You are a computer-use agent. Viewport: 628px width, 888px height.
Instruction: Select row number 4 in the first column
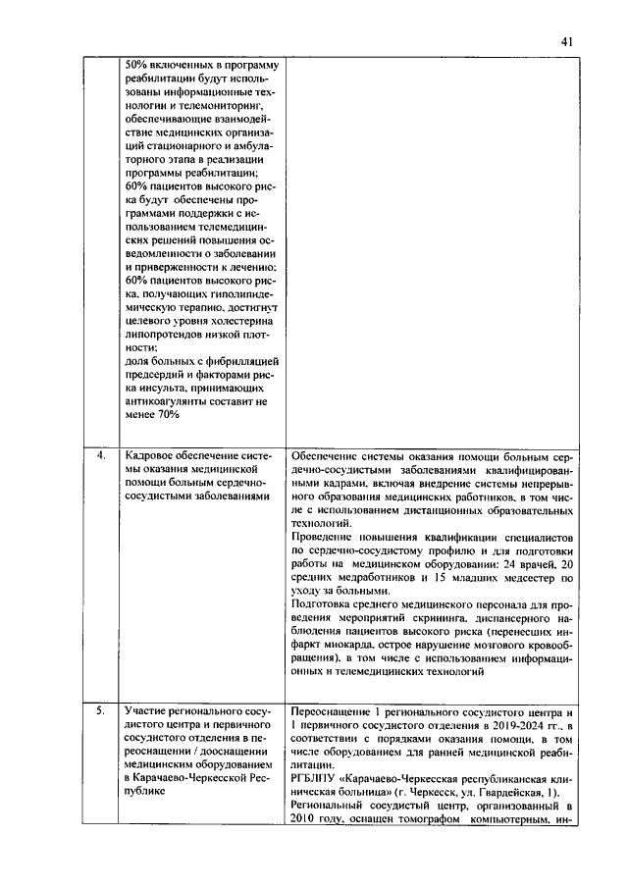pyautogui.click(x=100, y=456)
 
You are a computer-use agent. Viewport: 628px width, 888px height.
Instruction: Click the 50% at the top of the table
pyautogui.click(x=138, y=65)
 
